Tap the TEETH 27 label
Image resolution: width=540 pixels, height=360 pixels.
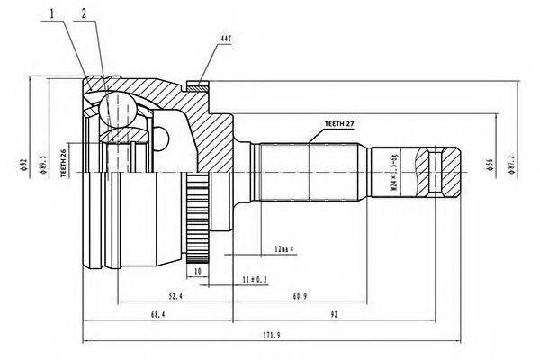tap(337, 122)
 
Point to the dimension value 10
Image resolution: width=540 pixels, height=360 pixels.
tap(197, 271)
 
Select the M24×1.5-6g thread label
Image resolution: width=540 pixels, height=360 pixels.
tap(391, 171)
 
